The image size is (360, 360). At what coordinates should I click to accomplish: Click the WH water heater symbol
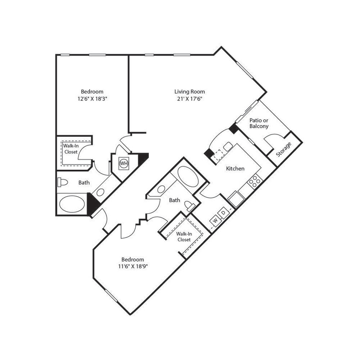124,163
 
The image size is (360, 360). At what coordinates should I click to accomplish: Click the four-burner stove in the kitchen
255,182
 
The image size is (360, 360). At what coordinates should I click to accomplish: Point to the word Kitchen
235,168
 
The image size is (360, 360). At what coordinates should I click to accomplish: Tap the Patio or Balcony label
258,123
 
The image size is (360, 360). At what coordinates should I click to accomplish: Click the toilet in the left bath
63,183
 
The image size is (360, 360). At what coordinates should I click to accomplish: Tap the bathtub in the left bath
73,204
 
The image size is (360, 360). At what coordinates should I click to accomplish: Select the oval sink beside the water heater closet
101,192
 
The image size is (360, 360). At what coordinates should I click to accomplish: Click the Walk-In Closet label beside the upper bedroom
71,148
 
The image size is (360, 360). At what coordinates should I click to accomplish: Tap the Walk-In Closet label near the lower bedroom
183,237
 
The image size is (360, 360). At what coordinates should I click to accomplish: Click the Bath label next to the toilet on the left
84,183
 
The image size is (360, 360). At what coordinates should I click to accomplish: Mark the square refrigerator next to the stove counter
236,197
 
